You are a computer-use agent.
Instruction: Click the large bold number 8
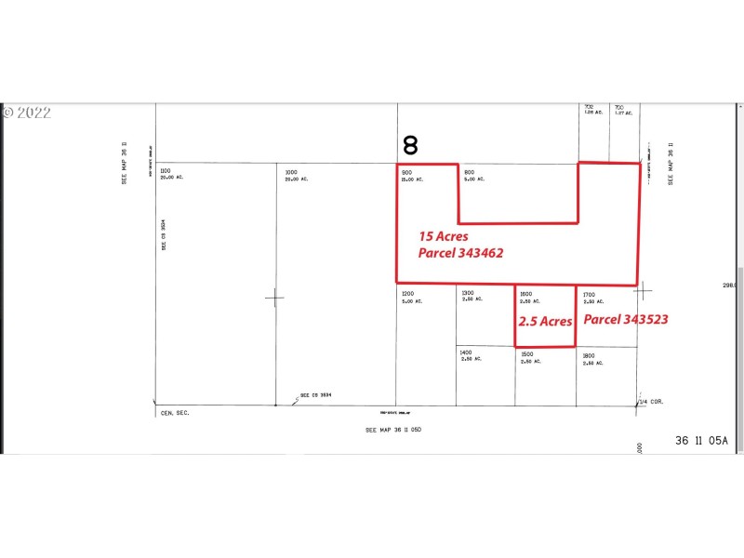point(410,145)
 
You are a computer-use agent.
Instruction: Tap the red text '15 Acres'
point(444,237)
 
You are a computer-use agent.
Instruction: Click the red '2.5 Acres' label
point(545,321)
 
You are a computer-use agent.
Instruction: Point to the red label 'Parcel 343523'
point(626,319)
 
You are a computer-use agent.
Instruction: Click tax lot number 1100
point(166,171)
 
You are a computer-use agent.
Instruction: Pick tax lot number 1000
point(291,171)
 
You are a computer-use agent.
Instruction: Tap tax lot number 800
point(470,171)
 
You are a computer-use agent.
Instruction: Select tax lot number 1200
point(408,293)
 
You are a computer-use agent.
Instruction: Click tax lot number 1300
point(468,293)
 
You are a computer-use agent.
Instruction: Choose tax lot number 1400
point(466,352)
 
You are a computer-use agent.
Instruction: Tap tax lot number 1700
point(588,293)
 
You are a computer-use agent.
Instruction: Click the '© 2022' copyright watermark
point(27,113)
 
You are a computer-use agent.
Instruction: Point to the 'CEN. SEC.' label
point(174,412)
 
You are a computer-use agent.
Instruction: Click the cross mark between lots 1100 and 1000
point(274,298)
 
